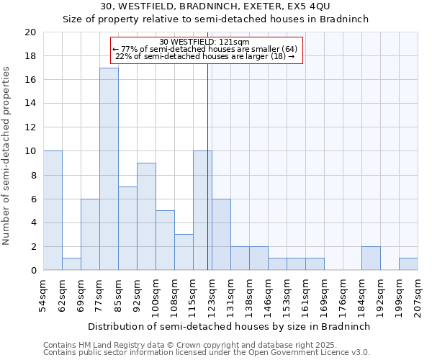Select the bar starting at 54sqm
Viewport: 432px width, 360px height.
coord(53,210)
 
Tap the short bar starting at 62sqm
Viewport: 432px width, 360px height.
coord(71,264)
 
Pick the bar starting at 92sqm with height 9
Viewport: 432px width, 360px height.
coord(146,216)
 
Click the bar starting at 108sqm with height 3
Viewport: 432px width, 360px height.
coord(184,252)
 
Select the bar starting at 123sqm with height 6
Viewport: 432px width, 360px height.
coord(221,234)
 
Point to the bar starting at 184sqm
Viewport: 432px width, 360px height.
coord(371,258)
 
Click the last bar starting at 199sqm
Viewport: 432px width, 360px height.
coord(408,264)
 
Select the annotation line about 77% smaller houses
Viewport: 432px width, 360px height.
coord(204,49)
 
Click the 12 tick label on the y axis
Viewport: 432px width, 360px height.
coord(30,127)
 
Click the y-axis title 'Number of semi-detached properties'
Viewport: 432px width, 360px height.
coord(7,156)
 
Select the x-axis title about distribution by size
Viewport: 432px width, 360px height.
coord(230,326)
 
